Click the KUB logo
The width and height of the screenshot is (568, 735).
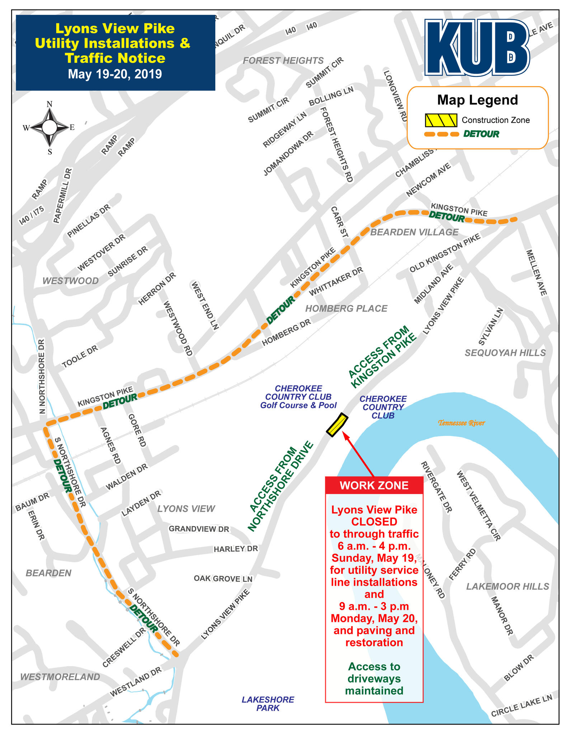(x=477, y=47)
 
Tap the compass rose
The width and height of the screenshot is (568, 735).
(x=50, y=127)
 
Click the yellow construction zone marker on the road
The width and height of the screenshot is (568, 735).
(x=337, y=425)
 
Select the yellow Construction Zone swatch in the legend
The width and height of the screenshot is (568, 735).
(x=441, y=120)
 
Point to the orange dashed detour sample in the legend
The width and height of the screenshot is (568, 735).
(x=441, y=134)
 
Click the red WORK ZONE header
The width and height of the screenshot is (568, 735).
(x=374, y=485)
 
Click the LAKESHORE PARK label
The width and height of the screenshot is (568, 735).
(x=268, y=703)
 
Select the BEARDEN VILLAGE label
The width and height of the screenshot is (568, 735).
(x=414, y=232)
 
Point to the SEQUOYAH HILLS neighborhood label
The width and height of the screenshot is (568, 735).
(x=505, y=353)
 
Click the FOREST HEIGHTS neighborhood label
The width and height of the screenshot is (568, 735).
(x=283, y=61)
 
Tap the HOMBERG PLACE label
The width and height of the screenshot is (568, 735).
(x=346, y=308)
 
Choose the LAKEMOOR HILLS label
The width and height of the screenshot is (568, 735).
(x=507, y=586)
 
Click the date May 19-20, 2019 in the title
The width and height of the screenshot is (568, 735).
(x=115, y=74)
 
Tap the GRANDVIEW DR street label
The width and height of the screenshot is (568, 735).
(x=199, y=529)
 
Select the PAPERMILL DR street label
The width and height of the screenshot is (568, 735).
(x=62, y=196)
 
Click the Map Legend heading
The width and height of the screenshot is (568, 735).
(x=477, y=100)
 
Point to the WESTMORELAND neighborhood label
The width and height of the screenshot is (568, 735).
(x=60, y=677)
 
